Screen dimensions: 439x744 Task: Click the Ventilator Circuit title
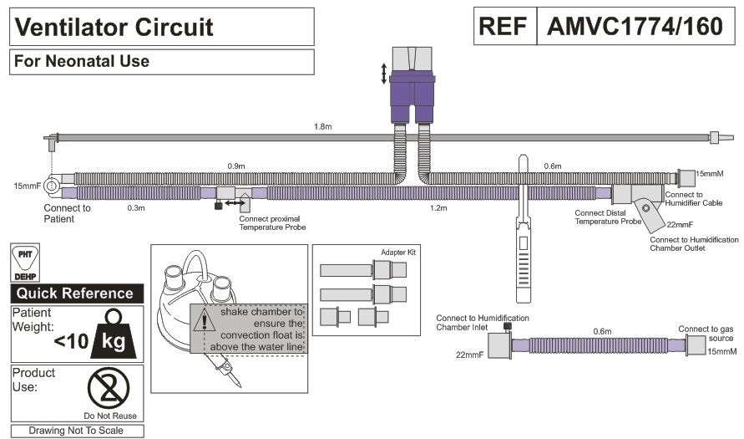tap(115, 27)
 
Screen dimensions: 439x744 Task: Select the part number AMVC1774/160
tap(634, 27)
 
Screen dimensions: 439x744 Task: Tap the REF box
tap(504, 27)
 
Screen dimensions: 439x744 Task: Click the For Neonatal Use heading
tap(82, 61)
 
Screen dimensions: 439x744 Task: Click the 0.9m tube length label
tap(237, 166)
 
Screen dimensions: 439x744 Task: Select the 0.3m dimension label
tap(134, 207)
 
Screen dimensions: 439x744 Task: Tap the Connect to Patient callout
tap(67, 213)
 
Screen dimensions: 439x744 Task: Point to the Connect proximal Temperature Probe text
tap(272, 223)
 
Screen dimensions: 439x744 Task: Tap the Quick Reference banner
tap(76, 294)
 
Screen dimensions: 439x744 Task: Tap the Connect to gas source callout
tap(706, 333)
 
